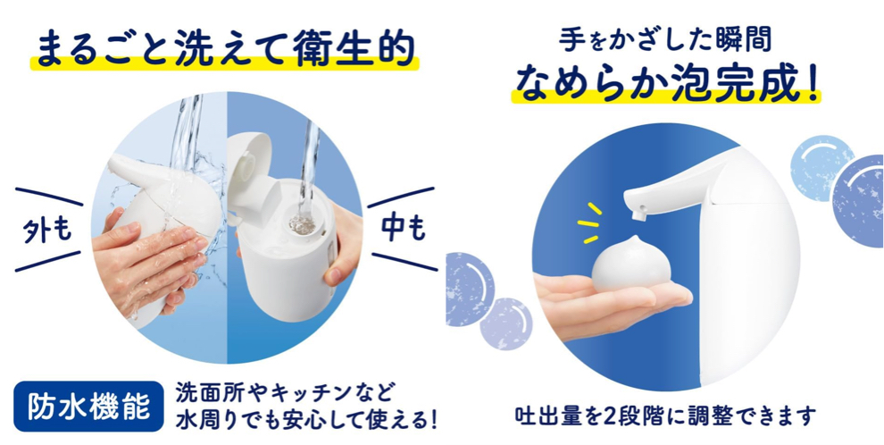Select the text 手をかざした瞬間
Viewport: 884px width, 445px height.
point(665,38)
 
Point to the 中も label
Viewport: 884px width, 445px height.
point(403,230)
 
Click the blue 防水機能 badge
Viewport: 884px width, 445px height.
point(89,407)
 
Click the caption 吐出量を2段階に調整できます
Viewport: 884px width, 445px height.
point(666,417)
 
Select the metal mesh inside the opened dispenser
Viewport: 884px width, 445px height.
point(303,223)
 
